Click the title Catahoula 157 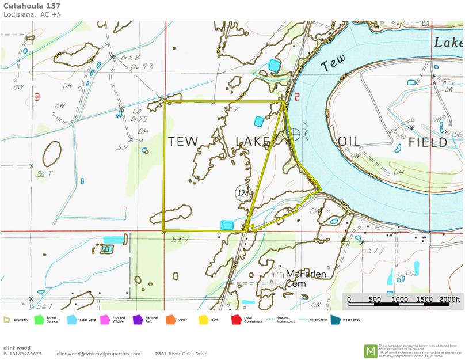[x=28, y=5]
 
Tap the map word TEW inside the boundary [x=182, y=141]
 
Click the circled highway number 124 [x=243, y=194]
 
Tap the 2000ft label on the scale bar [x=450, y=300]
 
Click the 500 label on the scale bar [x=375, y=300]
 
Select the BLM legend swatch [x=203, y=319]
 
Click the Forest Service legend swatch [x=39, y=319]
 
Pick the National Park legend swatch [x=138, y=319]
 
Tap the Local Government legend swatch [x=235, y=319]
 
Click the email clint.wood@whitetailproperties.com [x=98, y=354]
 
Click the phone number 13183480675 [x=25, y=354]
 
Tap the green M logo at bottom [x=371, y=351]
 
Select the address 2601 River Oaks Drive [x=181, y=354]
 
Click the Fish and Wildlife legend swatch [x=105, y=319]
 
